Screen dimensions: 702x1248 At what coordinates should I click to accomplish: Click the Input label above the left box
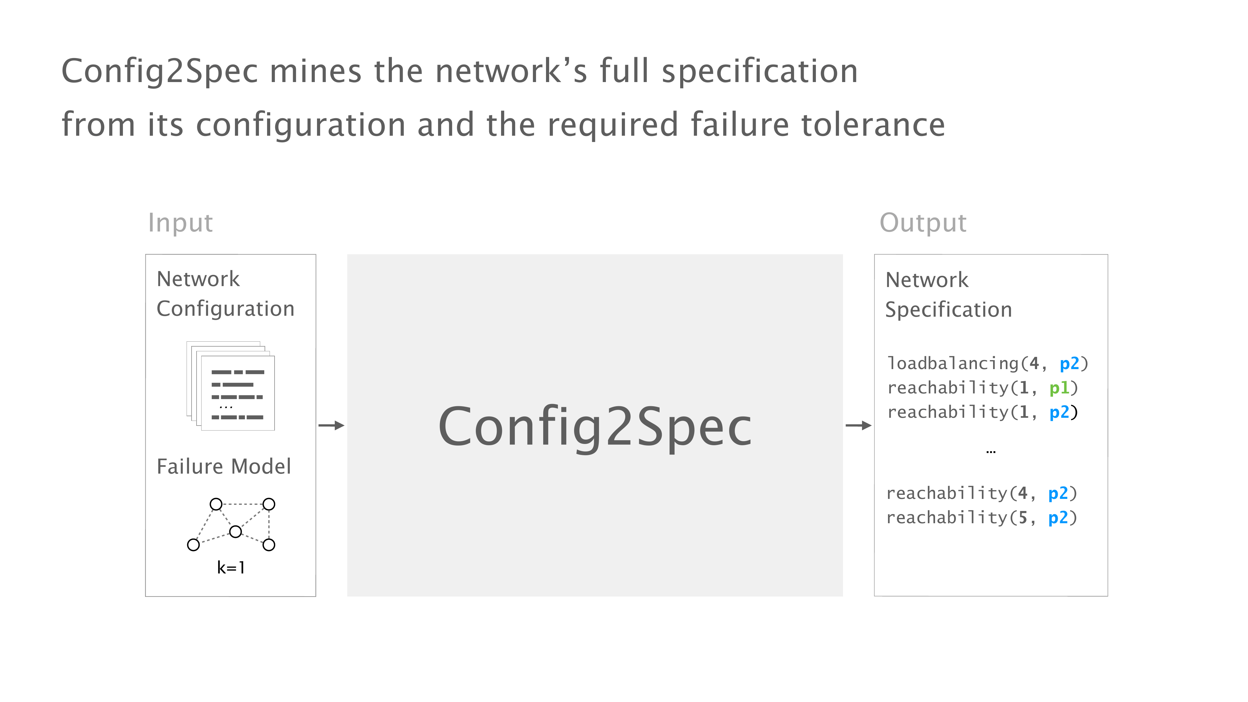coord(180,223)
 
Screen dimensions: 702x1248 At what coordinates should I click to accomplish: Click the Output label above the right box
coord(923,223)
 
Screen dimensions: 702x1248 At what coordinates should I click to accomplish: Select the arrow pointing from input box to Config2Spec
coord(331,425)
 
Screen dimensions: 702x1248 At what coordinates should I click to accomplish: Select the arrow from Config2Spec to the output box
coord(858,425)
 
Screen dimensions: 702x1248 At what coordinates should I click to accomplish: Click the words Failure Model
coord(224,466)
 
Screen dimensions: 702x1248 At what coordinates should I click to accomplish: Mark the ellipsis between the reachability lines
coord(991,451)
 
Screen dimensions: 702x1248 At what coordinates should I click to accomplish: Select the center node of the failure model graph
coord(236,531)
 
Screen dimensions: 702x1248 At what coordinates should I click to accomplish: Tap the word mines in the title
coord(315,71)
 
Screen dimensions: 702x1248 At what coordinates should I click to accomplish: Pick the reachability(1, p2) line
coord(982,412)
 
